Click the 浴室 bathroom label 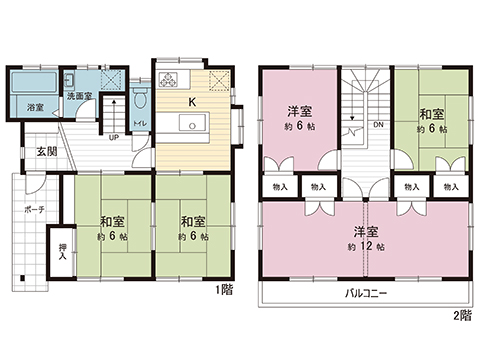coord(34,105)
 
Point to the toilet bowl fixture coord(140,101)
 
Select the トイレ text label coord(140,123)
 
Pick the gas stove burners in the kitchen coord(167,80)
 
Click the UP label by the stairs coord(114,137)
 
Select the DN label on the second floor coord(377,126)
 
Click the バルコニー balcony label coord(366,294)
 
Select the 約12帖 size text coord(365,246)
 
